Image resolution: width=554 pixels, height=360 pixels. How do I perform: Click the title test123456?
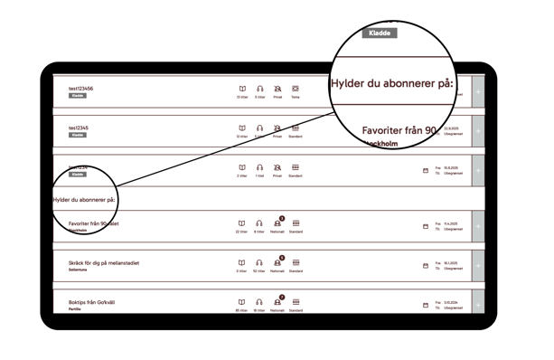coord(82,89)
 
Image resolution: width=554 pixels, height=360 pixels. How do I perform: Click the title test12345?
coord(80,128)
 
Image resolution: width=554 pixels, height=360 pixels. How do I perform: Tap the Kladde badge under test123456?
coord(78,95)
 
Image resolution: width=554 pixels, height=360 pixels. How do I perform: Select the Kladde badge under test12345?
coord(78,135)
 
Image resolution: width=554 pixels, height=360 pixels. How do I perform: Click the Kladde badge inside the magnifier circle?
coord(379,32)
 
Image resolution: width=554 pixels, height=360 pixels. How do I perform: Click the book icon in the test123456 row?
coord(241,89)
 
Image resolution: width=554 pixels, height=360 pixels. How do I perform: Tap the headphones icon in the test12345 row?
coord(259,128)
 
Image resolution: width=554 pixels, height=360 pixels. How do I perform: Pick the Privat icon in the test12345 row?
coord(277,128)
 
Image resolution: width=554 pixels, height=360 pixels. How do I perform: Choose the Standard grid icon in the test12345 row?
coord(296,128)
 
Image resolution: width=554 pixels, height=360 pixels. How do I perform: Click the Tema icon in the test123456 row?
coord(296,89)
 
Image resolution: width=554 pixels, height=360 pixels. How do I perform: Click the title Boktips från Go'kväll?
coord(96,302)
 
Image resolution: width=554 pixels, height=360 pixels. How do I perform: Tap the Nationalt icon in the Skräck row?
coord(277,262)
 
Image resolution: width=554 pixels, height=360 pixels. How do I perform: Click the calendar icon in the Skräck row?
coord(425,263)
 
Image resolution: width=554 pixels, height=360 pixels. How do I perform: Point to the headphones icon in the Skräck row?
coord(259,262)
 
